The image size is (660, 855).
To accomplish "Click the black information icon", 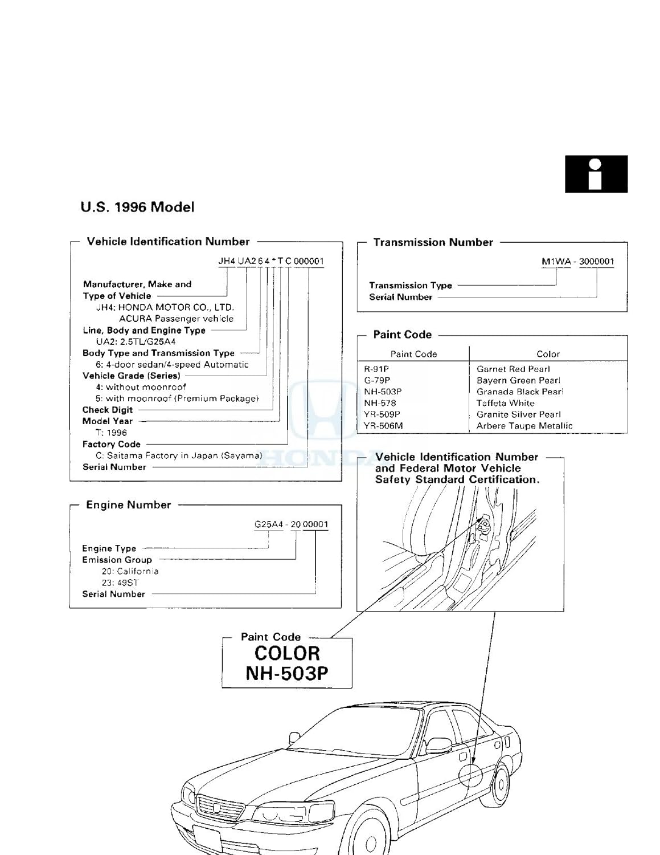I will click(x=596, y=174).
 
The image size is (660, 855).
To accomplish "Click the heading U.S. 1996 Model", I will click(x=137, y=207).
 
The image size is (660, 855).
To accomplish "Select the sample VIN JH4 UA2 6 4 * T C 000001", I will click(x=271, y=261).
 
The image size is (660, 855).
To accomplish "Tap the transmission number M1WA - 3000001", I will click(x=577, y=262).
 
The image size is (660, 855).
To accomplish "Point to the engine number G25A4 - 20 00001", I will click(x=291, y=524).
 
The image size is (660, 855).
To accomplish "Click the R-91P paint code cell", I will click(x=376, y=369).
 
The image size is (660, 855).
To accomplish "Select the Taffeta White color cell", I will click(x=505, y=403).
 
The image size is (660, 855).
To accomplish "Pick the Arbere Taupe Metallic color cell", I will click(x=524, y=426).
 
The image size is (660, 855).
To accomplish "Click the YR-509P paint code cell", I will click(x=382, y=414).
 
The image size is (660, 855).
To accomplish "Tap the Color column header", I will click(x=548, y=354).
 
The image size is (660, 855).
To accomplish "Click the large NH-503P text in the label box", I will click(x=286, y=673).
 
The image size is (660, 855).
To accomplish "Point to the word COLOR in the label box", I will click(x=287, y=653).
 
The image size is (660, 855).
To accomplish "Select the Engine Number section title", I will click(x=128, y=505).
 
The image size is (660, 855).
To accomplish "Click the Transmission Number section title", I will click(x=433, y=242).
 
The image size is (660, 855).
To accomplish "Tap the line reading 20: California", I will click(x=130, y=571).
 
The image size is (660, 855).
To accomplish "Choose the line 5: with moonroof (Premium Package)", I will click(x=177, y=398).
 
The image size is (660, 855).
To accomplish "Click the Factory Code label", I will click(x=112, y=444).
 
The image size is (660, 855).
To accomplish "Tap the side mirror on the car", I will click(x=438, y=744).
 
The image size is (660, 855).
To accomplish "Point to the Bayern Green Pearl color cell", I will click(x=518, y=380).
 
